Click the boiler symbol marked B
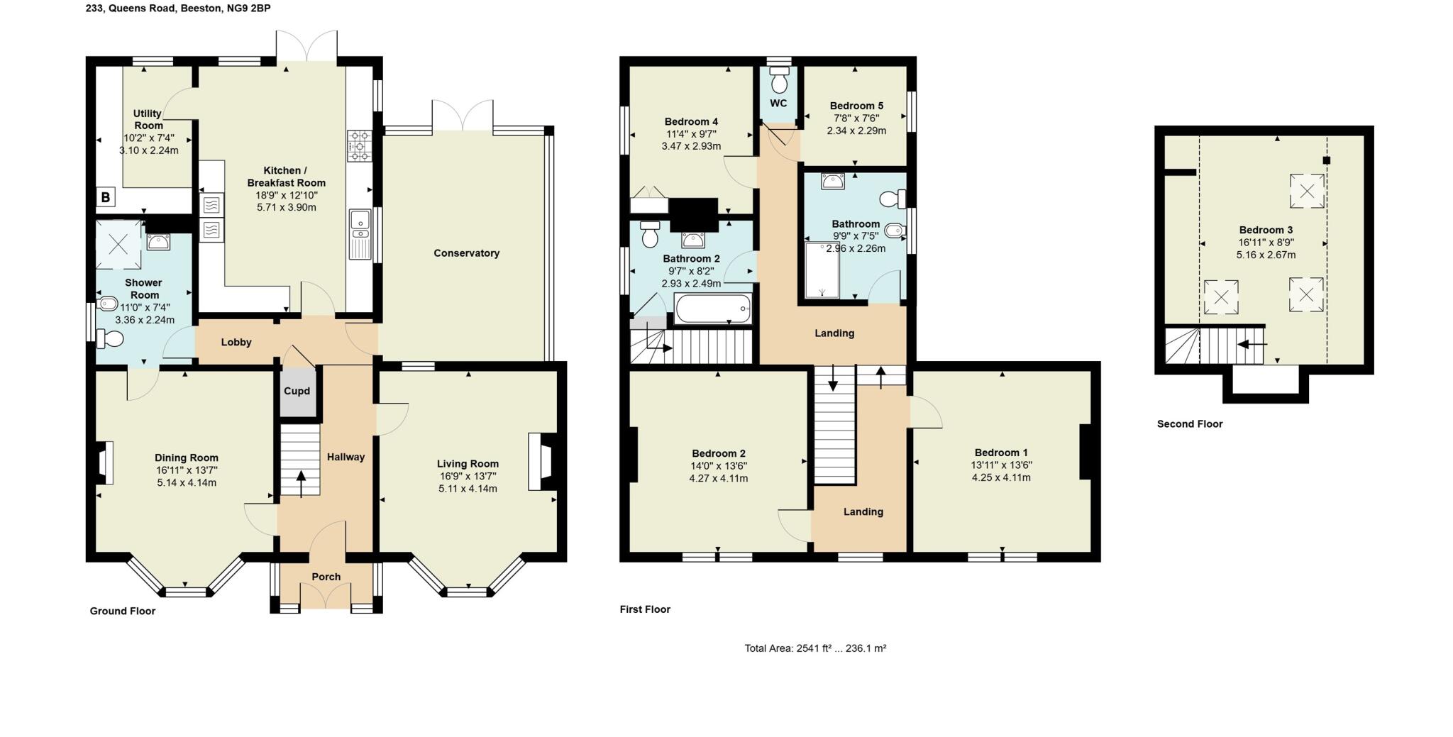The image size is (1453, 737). [x=106, y=197]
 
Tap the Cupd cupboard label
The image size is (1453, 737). [x=297, y=391]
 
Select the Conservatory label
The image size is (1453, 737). [x=466, y=253]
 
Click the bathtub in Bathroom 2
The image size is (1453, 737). [x=713, y=309]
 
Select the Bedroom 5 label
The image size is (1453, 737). [x=856, y=106]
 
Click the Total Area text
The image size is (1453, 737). [x=815, y=648]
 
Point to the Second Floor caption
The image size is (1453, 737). [x=1190, y=424]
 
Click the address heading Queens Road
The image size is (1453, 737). [x=177, y=9]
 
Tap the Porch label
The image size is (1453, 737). [x=326, y=577]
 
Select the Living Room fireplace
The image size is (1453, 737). [x=543, y=462]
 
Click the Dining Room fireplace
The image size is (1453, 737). [x=103, y=463]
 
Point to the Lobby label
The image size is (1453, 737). [x=236, y=342]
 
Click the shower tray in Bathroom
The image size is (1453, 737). [x=822, y=270]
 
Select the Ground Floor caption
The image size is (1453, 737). [x=122, y=611]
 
